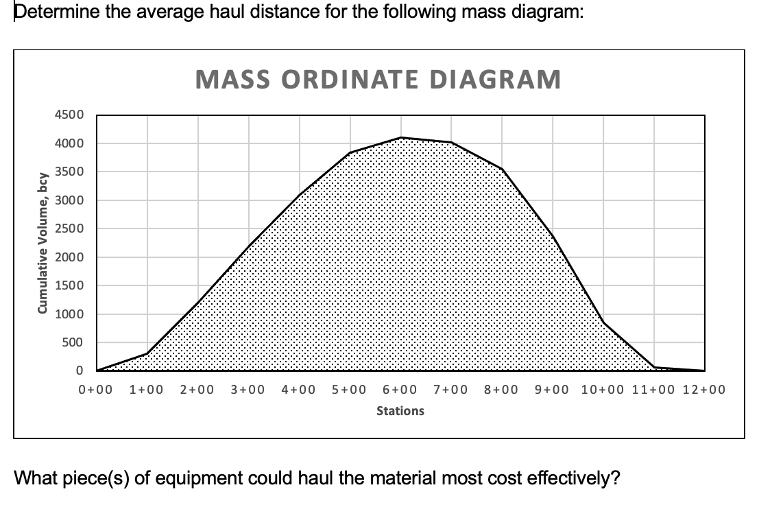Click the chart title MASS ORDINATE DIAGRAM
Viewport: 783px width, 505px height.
click(x=378, y=80)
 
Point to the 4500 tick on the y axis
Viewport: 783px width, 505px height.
click(x=70, y=115)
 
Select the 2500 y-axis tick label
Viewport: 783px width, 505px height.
click(x=70, y=228)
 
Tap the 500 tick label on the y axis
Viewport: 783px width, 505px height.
click(x=73, y=342)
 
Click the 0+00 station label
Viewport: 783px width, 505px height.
click(x=95, y=390)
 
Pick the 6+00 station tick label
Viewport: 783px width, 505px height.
click(x=400, y=390)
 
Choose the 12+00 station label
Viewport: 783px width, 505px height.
click(x=705, y=390)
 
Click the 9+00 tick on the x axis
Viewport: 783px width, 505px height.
click(x=552, y=390)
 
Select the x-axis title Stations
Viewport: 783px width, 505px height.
click(x=400, y=411)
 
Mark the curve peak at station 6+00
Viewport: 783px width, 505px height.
click(x=401, y=138)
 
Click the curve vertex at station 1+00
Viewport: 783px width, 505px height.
click(x=147, y=354)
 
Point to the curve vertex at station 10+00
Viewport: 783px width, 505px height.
click(x=603, y=322)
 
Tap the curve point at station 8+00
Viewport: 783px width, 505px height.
click(x=503, y=169)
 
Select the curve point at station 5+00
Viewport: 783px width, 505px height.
click(x=350, y=152)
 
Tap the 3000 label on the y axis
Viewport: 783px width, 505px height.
click(x=70, y=200)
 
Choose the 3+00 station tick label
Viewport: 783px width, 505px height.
click(x=248, y=390)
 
